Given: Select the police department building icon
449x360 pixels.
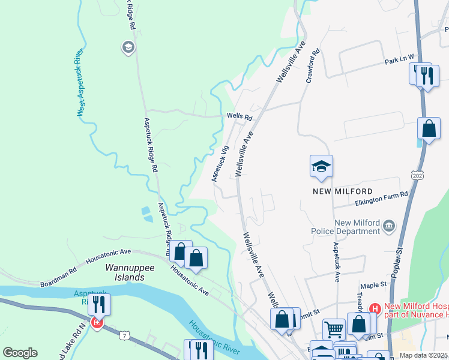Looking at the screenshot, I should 389,226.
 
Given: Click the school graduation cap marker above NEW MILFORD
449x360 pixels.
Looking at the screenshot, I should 321,166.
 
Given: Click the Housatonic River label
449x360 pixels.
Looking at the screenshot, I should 214,336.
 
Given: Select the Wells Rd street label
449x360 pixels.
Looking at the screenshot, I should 240,117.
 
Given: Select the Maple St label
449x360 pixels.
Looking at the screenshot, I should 371,286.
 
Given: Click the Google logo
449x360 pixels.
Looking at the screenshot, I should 20,353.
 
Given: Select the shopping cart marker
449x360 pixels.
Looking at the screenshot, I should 334,329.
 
